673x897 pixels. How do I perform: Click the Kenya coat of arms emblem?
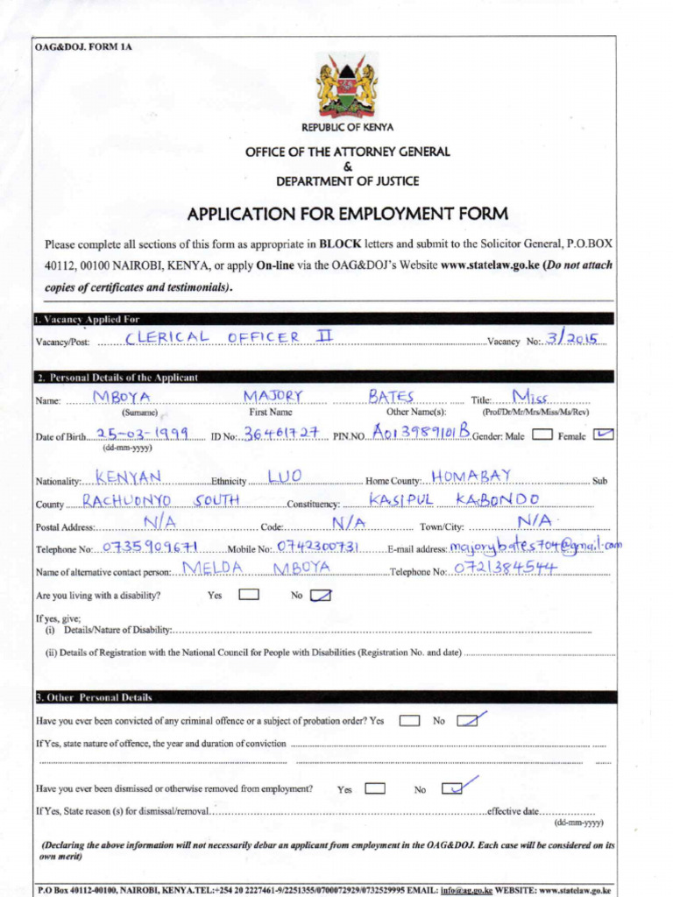tap(347, 85)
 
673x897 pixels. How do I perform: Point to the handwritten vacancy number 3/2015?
tap(570, 338)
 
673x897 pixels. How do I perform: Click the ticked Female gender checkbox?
tap(603, 434)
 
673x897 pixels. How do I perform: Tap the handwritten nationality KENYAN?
tap(129, 477)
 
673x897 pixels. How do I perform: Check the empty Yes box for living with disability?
tap(249, 595)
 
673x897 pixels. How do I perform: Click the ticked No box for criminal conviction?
tap(468, 721)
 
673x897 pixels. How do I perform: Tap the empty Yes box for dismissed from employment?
tap(375, 788)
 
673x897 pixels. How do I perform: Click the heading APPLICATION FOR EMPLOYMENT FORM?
tap(347, 215)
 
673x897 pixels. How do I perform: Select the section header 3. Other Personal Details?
tap(94, 697)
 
